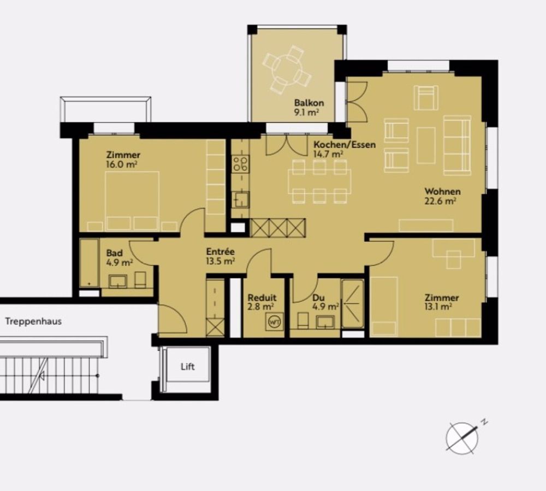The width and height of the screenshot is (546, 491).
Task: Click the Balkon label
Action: [309, 103]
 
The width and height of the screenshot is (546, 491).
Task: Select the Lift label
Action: [187, 366]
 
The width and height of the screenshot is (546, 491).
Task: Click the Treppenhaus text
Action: [33, 321]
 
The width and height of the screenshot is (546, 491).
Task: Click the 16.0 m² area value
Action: [122, 164]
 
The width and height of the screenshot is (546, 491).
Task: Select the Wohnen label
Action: [442, 192]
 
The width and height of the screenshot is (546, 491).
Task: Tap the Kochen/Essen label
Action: [344, 145]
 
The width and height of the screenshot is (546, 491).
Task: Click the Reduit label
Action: [262, 298]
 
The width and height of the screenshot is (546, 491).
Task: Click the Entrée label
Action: [220, 252]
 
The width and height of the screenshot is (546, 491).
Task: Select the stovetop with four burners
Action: [240, 164]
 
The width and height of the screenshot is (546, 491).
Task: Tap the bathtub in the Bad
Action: [89, 262]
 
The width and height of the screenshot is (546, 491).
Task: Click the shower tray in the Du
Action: [352, 304]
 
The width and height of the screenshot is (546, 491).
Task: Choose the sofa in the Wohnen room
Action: [456, 145]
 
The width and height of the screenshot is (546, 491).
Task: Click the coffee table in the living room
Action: [426, 145]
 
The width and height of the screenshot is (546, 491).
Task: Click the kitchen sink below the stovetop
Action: [240, 199]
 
